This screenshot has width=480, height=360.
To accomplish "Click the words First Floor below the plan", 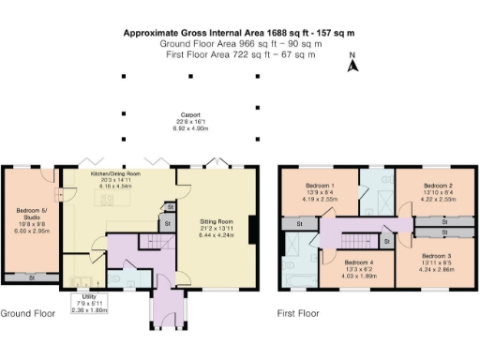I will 297,313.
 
